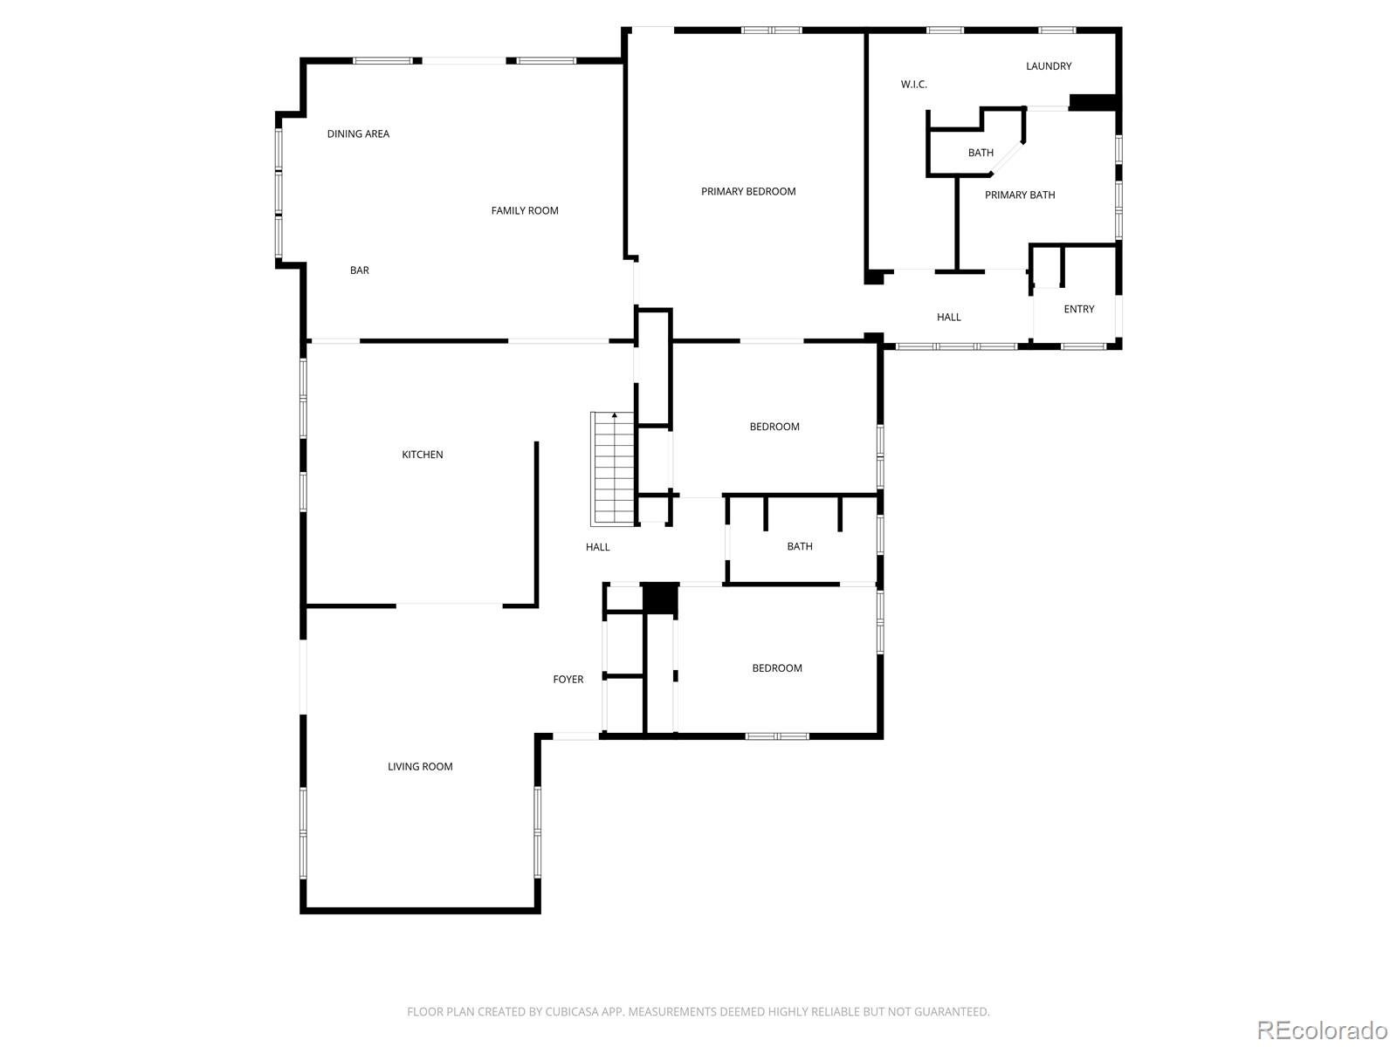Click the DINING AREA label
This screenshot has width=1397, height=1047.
[358, 133]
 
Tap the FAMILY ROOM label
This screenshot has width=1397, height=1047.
[524, 210]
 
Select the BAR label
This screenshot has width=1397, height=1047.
[359, 270]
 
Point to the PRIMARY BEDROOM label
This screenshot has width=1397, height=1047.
[748, 191]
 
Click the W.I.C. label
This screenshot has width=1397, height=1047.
[913, 85]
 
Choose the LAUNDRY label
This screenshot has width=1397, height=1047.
[1048, 66]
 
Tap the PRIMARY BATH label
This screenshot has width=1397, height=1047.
[1019, 195]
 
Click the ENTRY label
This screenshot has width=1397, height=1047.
[1078, 309]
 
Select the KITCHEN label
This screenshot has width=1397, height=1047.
[422, 455]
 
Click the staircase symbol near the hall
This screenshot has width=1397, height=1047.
[613, 469]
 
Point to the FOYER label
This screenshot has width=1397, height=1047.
[568, 679]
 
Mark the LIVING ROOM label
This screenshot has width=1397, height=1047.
[420, 767]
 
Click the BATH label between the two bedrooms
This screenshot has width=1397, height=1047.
[799, 546]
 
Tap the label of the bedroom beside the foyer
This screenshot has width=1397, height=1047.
[776, 668]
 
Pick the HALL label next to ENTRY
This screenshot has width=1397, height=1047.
[948, 318]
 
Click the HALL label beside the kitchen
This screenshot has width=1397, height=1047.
[597, 547]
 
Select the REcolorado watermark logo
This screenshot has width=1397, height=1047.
[1321, 1030]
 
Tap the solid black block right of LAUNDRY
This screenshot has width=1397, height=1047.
[1093, 102]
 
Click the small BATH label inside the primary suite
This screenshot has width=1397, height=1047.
[980, 153]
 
